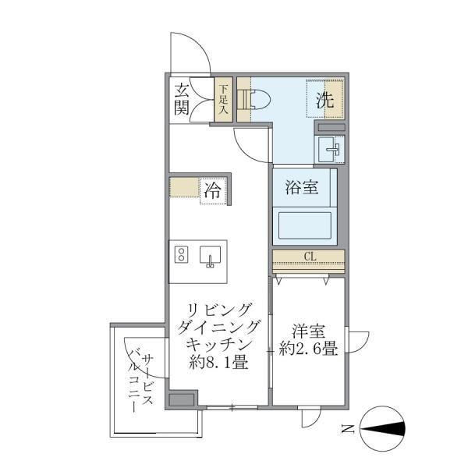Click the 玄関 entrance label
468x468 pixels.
[182, 98]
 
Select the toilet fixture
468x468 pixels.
[255, 99]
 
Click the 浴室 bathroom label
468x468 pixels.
[300, 188]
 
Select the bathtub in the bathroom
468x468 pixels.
[304, 225]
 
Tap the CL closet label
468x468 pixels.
[309, 256]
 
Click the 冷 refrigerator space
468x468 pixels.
[211, 190]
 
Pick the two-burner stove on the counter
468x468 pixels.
[182, 255]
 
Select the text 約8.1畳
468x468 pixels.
[219, 361]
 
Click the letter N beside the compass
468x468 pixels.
[346, 427]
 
